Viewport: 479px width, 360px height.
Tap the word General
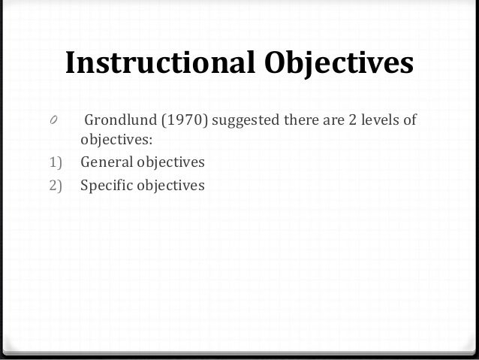point(105,162)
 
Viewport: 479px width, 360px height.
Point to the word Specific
point(106,183)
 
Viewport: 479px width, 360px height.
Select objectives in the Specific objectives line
point(170,183)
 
